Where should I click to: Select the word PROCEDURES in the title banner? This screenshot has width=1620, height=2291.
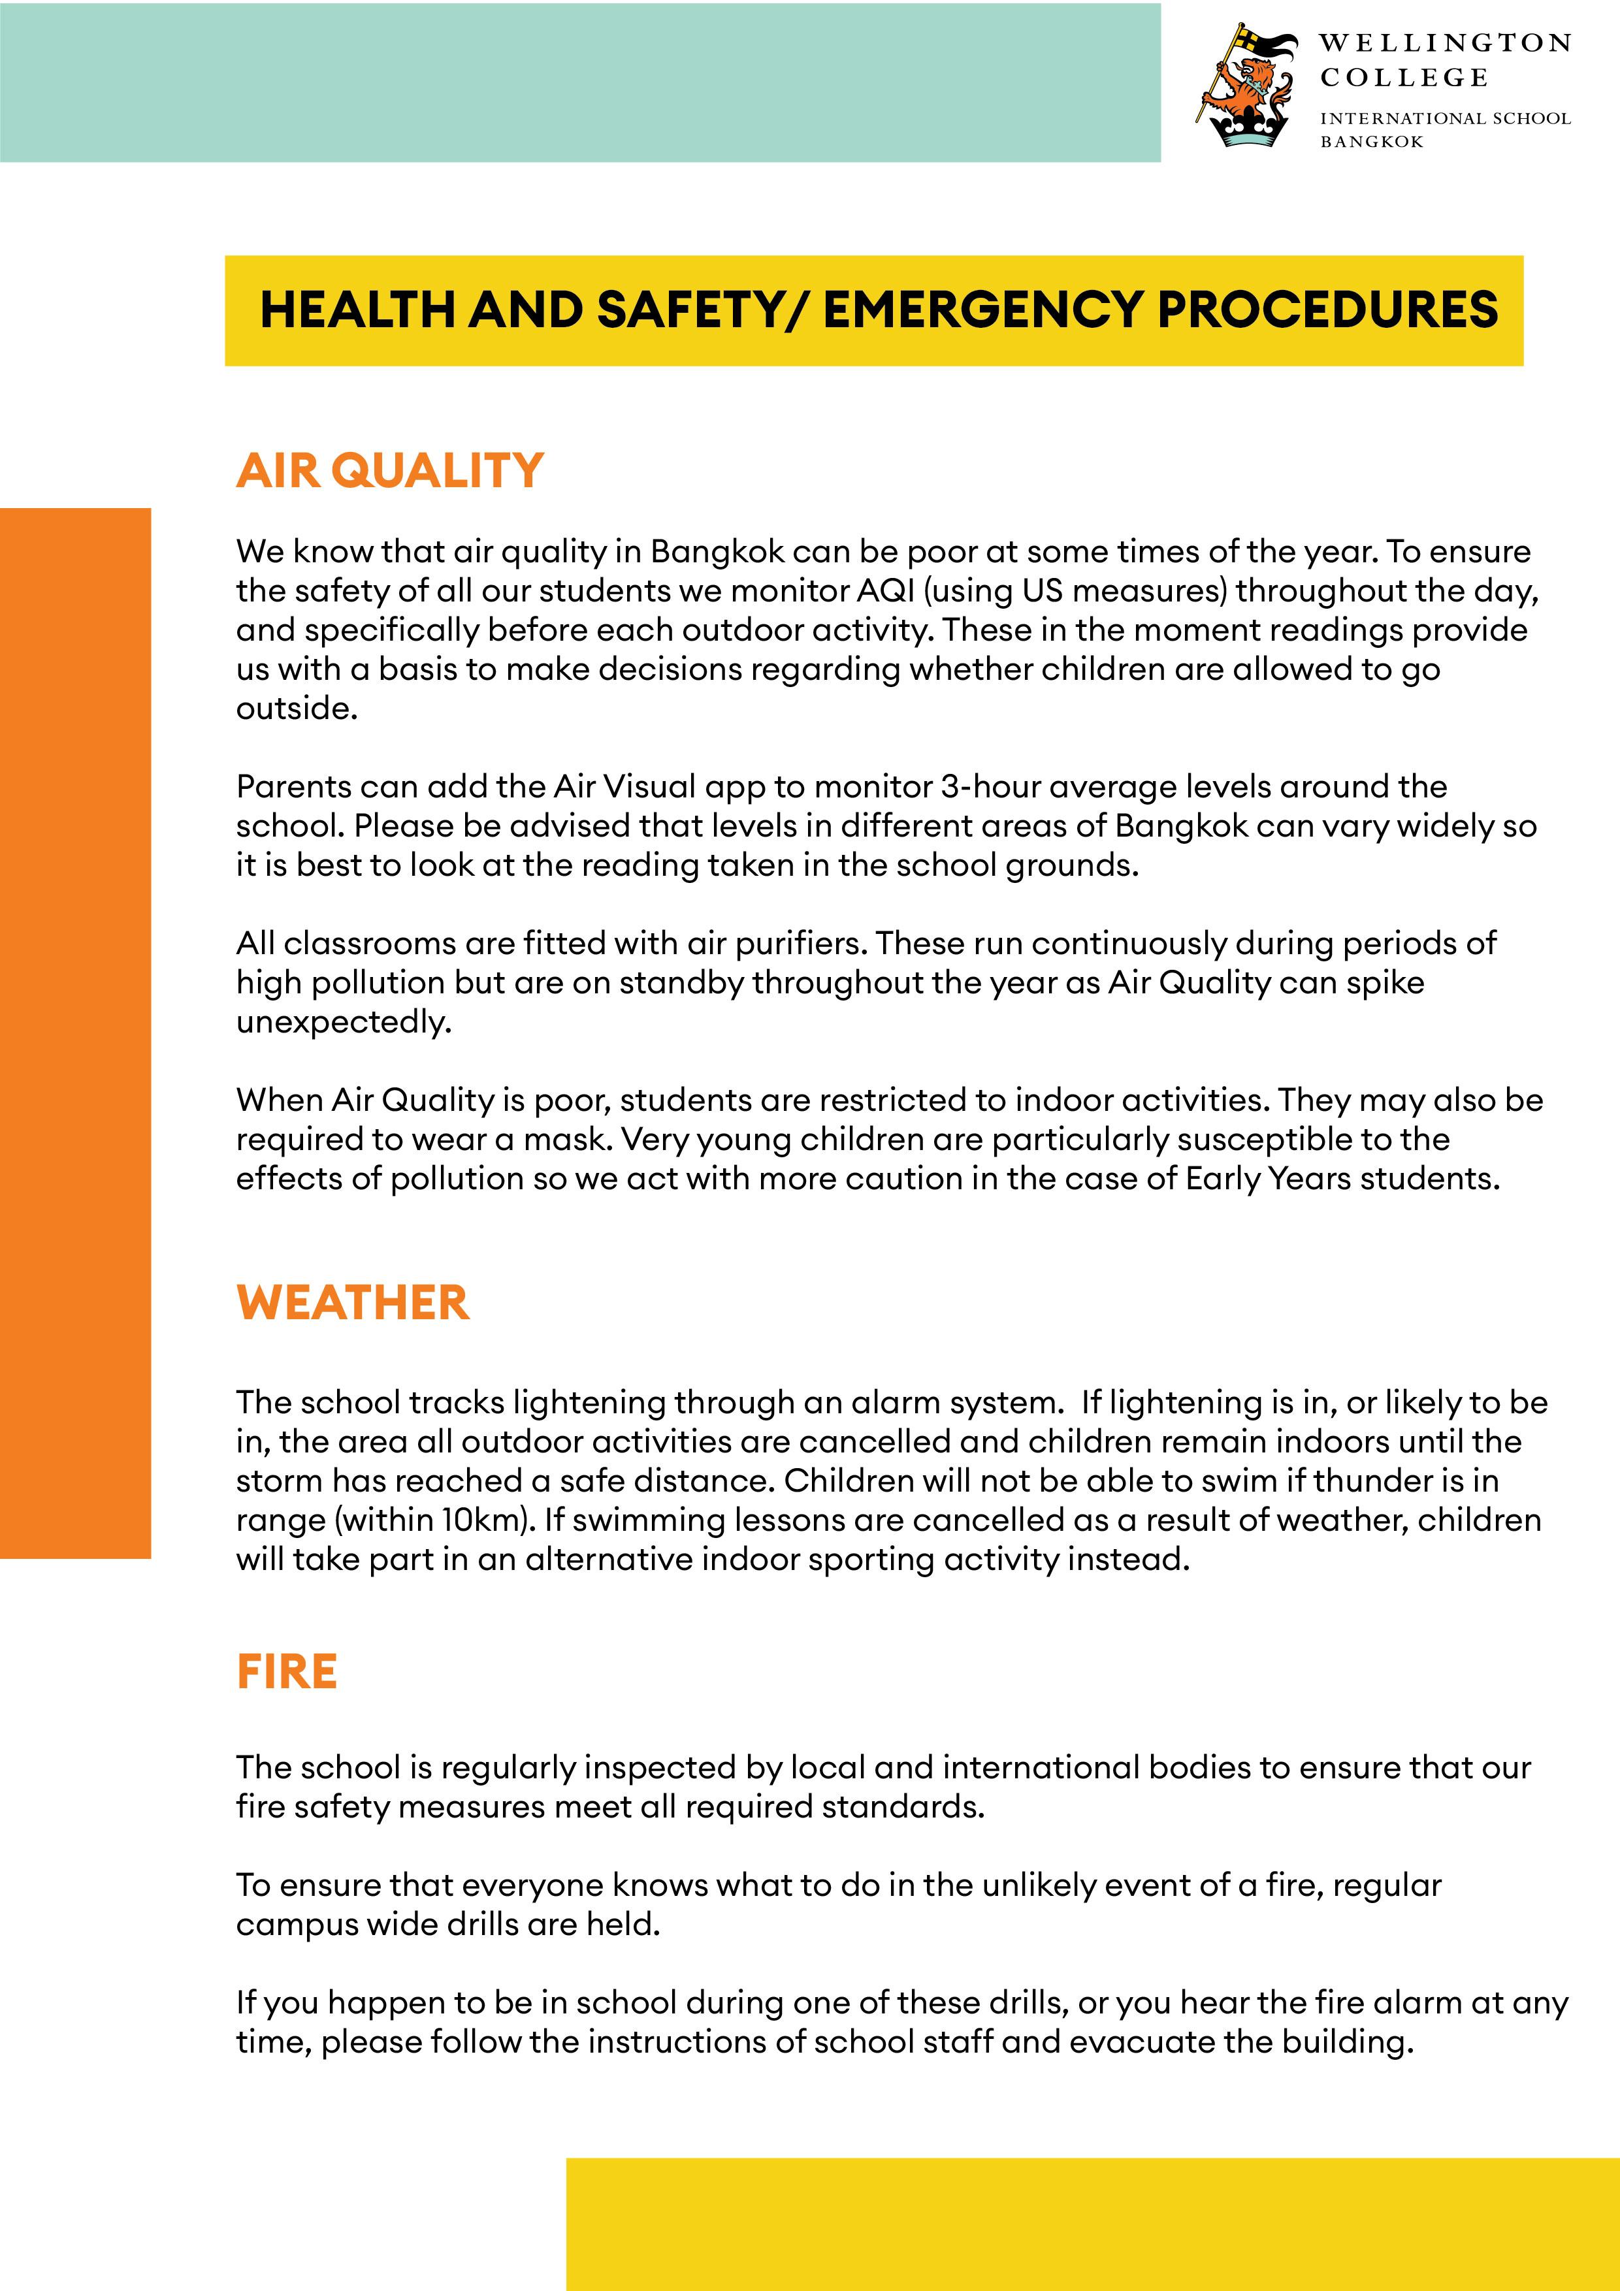click(1327, 310)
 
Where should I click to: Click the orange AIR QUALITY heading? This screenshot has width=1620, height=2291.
click(389, 471)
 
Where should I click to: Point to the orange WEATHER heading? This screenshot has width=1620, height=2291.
click(352, 1303)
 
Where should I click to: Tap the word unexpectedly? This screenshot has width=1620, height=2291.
click(344, 1022)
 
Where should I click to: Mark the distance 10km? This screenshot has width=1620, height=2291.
click(483, 1520)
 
